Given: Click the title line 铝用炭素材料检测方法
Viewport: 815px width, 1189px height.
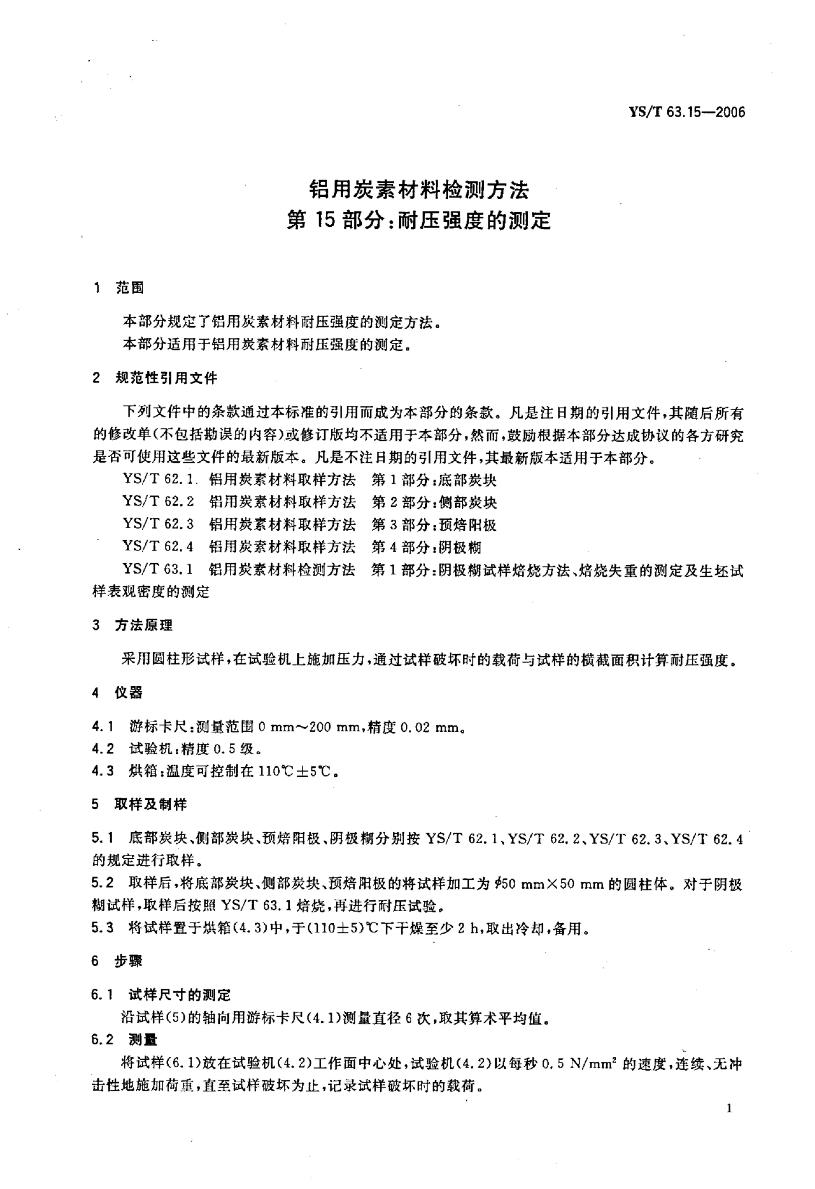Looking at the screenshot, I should point(419,190).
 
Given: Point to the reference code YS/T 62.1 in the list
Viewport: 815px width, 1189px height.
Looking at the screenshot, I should point(158,480).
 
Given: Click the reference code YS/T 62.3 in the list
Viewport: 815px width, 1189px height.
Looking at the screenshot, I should point(158,524).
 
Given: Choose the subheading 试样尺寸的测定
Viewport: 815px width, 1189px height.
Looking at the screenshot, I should point(180,995).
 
